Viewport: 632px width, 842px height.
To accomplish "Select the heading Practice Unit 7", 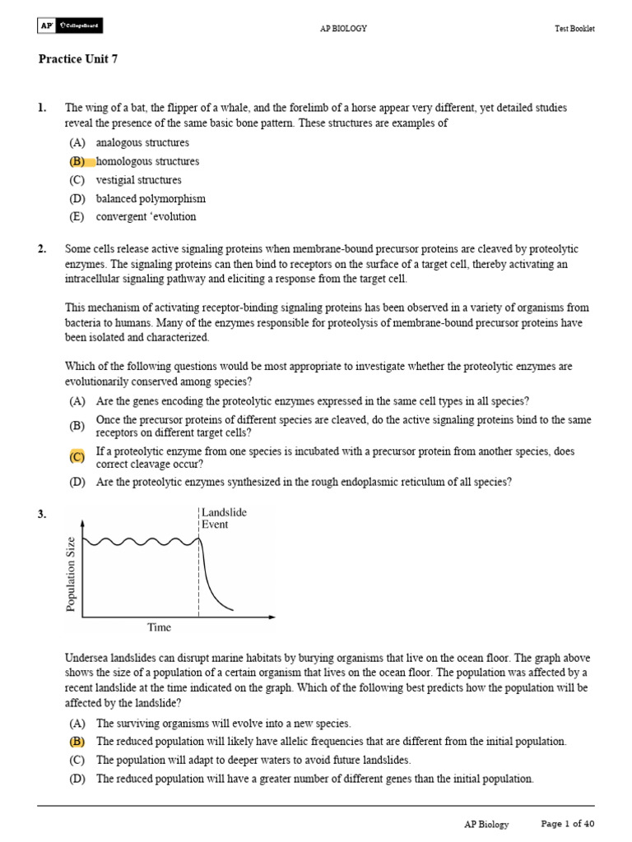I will [83, 59].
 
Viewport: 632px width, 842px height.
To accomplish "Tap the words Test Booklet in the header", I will [574, 29].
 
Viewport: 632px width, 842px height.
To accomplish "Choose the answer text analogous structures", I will [142, 143].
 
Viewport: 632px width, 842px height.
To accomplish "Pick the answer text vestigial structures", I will [138, 180].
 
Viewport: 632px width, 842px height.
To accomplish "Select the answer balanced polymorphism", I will [151, 198].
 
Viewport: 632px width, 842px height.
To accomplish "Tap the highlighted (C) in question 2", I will [77, 457].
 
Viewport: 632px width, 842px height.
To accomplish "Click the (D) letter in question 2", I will [77, 482].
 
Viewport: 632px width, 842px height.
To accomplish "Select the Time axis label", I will [159, 627].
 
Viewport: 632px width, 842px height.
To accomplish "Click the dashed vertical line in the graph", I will [198, 576].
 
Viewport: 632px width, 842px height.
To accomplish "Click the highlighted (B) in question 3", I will [77, 741].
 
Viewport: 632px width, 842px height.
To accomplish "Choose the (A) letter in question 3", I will [77, 723].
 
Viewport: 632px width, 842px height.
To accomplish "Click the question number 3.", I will [42, 514].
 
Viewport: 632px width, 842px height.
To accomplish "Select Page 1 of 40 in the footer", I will [567, 824].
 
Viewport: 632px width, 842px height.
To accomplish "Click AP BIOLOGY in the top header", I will [343, 29].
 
